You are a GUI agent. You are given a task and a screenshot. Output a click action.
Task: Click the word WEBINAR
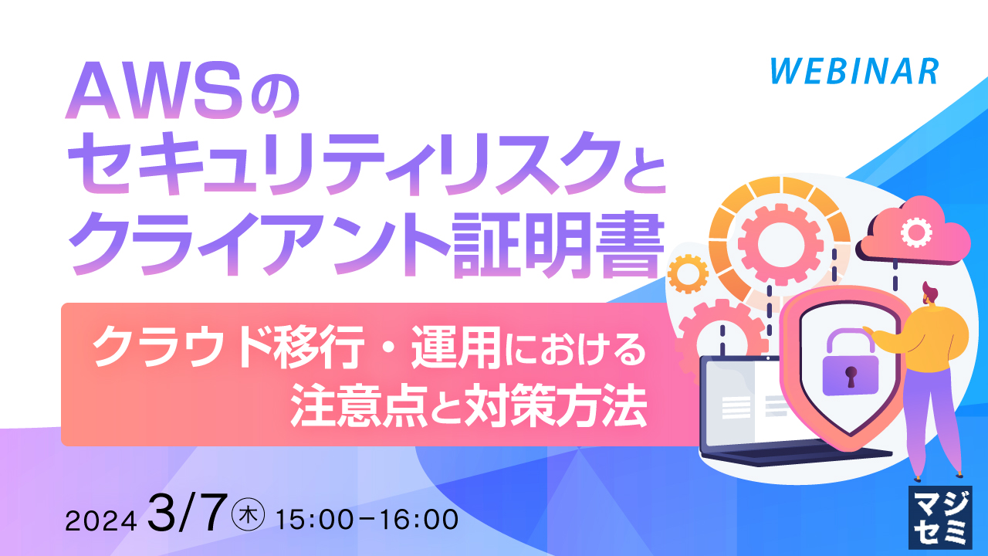pos(854,71)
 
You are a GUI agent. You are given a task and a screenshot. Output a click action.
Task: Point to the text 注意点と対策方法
pos(468,409)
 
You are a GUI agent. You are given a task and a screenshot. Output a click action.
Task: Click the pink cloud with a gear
pos(915,232)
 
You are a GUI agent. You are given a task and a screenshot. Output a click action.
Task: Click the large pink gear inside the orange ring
pos(772,243)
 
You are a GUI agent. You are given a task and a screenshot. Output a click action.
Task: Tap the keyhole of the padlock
pos(851,378)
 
